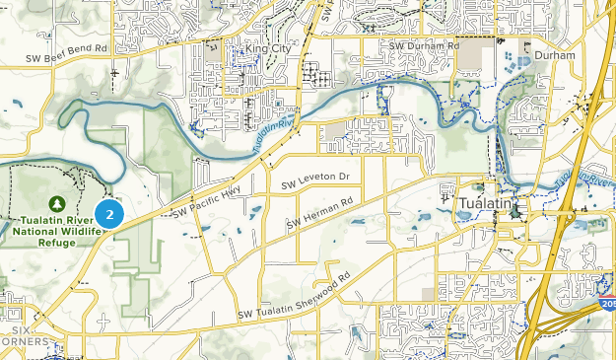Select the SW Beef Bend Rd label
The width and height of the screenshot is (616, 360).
[67, 50]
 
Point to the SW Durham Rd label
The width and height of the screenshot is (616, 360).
[424, 45]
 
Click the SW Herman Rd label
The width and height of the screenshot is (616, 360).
[319, 214]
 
